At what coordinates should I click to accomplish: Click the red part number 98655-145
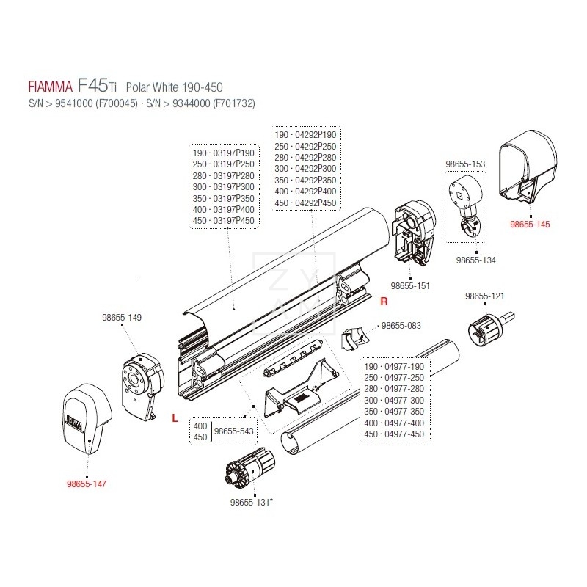(530, 224)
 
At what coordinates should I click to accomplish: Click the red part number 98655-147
(87, 484)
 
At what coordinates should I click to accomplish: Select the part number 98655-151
(411, 286)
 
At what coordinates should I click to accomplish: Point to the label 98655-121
(485, 296)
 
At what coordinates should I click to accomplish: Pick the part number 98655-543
(233, 431)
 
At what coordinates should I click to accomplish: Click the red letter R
(383, 301)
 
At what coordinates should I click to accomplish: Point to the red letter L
(174, 418)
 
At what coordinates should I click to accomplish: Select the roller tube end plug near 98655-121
(484, 330)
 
